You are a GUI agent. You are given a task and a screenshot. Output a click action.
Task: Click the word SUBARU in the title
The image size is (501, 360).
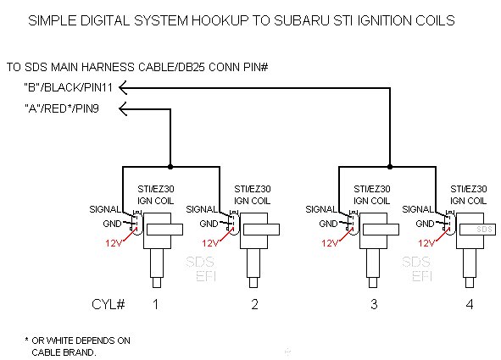(302, 20)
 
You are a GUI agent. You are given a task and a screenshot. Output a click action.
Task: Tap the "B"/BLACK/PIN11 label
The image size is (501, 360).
(69, 87)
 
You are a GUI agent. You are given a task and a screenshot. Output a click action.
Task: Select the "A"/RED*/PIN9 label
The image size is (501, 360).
(62, 108)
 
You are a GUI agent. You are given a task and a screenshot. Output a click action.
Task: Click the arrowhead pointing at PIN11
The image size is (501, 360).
(123, 88)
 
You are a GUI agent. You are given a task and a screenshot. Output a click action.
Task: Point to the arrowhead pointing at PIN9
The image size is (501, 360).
(123, 109)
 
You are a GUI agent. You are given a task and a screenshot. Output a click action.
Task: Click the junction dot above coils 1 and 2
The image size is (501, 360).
(170, 167)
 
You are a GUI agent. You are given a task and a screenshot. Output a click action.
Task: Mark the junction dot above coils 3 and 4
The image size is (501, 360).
(390, 167)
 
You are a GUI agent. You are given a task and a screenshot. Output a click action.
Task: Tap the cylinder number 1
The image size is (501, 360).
(156, 304)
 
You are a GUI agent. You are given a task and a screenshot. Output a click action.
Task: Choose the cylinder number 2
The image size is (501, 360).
(254, 304)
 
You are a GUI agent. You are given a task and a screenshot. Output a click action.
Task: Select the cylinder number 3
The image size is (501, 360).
(374, 304)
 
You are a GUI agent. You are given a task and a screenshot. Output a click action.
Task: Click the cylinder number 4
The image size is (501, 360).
(470, 304)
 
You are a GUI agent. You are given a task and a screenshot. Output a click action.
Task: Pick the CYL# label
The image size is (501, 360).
(109, 304)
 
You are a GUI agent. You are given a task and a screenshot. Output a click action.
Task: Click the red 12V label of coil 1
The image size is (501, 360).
(114, 243)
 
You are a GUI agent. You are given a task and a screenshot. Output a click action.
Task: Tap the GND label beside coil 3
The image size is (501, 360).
(328, 224)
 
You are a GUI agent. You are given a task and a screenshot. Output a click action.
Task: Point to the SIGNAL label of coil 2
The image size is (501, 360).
(202, 209)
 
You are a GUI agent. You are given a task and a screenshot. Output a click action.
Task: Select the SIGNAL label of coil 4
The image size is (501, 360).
(418, 209)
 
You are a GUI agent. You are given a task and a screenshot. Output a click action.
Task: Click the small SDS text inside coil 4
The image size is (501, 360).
(484, 230)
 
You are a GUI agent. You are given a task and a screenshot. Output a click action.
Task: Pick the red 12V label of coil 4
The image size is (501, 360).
(426, 243)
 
